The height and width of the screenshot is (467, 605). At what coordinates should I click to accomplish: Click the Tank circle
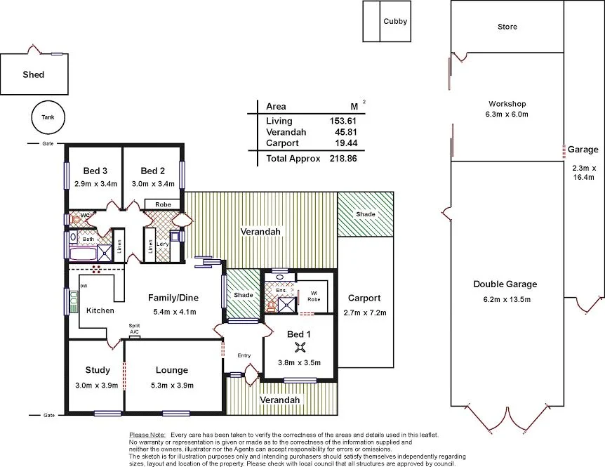click(47, 118)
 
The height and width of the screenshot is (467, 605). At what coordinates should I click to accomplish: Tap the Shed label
click(33, 74)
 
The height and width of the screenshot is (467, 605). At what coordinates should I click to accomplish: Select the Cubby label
click(394, 21)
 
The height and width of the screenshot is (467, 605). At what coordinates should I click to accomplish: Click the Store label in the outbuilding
click(507, 27)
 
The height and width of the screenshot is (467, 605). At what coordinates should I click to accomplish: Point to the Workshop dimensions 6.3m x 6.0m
click(507, 114)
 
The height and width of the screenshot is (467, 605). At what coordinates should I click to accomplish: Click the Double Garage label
click(505, 284)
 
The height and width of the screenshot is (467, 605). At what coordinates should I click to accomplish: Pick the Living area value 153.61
click(339, 121)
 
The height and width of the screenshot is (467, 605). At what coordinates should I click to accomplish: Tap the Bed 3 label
click(95, 171)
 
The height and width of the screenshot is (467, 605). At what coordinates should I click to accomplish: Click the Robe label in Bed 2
click(162, 205)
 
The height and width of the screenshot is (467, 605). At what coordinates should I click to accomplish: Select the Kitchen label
click(100, 310)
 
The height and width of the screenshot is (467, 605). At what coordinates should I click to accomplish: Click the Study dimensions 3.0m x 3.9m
click(97, 385)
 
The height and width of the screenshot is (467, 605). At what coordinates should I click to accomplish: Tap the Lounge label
click(172, 370)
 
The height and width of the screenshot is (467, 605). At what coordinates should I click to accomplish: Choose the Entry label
click(244, 355)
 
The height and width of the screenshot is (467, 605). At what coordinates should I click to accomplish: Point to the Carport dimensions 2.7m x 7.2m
click(364, 313)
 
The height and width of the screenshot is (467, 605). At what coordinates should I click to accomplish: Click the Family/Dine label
click(172, 298)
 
